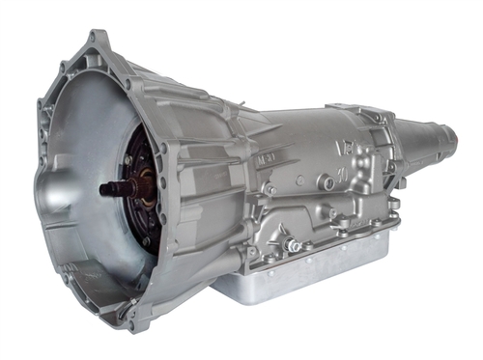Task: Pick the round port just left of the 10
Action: pyautogui.click(x=328, y=182)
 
